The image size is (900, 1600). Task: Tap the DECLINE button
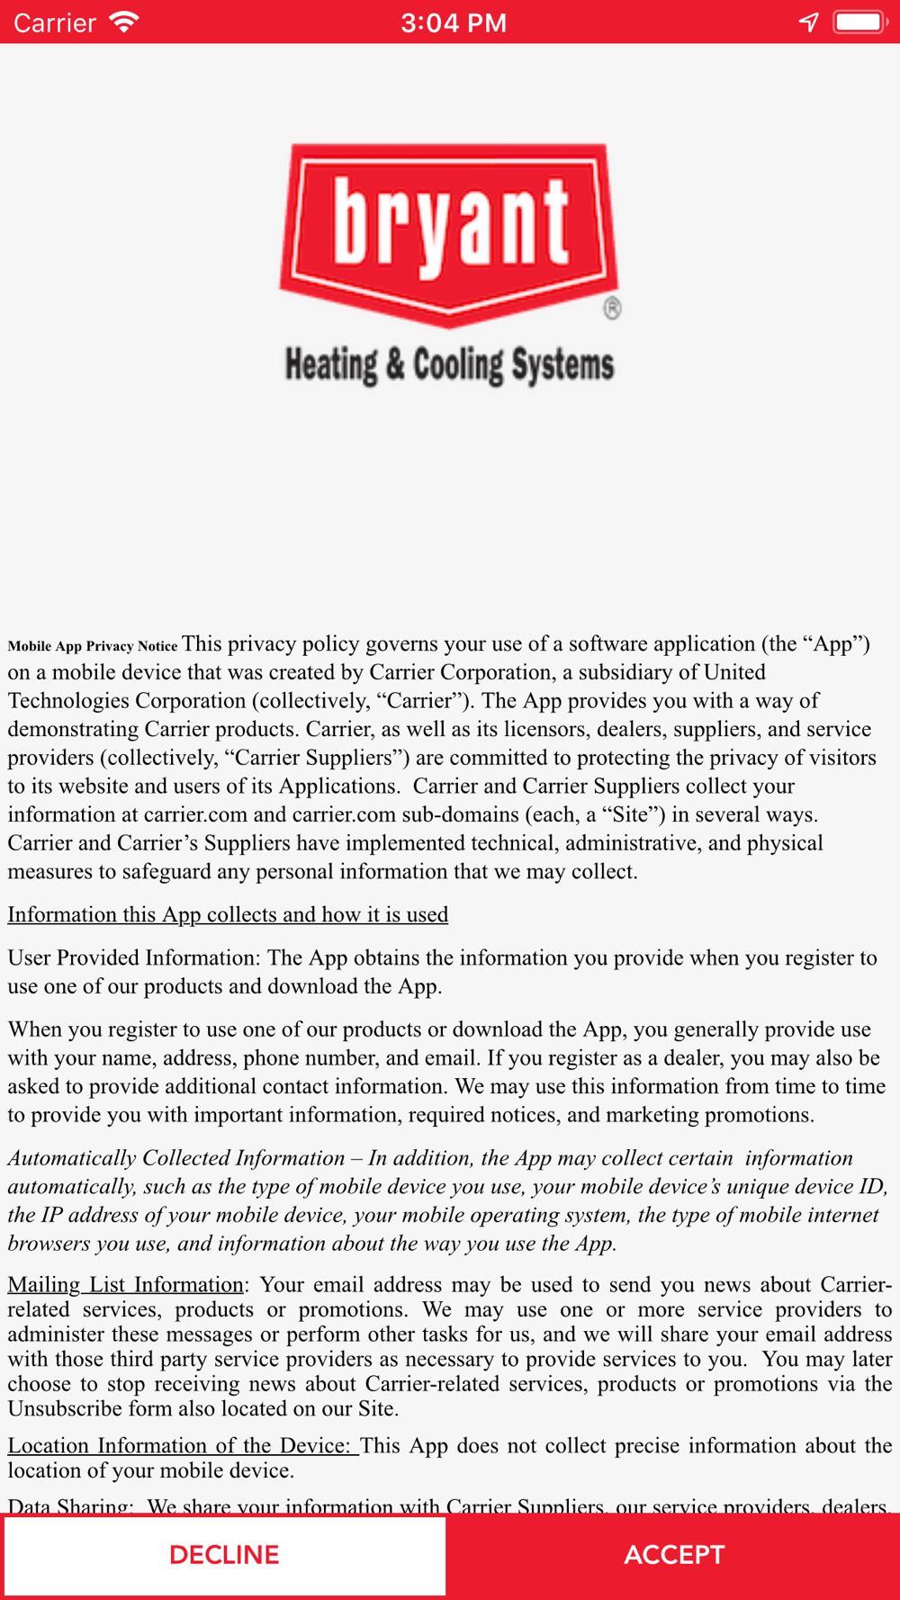point(224,1555)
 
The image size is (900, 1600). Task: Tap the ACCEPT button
point(674,1555)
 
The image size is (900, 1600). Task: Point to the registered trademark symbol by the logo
point(612,309)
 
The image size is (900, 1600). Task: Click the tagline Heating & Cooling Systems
point(449,365)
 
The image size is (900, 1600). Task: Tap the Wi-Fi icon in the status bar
point(123,22)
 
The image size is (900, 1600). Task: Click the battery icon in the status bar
point(859,22)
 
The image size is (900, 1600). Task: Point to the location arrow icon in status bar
point(808,22)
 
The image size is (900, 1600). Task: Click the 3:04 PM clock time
point(454,22)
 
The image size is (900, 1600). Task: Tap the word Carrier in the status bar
point(55,22)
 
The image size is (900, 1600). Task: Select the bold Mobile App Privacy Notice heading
point(93,646)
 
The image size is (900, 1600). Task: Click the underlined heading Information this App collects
point(228,914)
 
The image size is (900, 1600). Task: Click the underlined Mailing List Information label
point(126,1284)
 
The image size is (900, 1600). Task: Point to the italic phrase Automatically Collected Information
point(176,1158)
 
